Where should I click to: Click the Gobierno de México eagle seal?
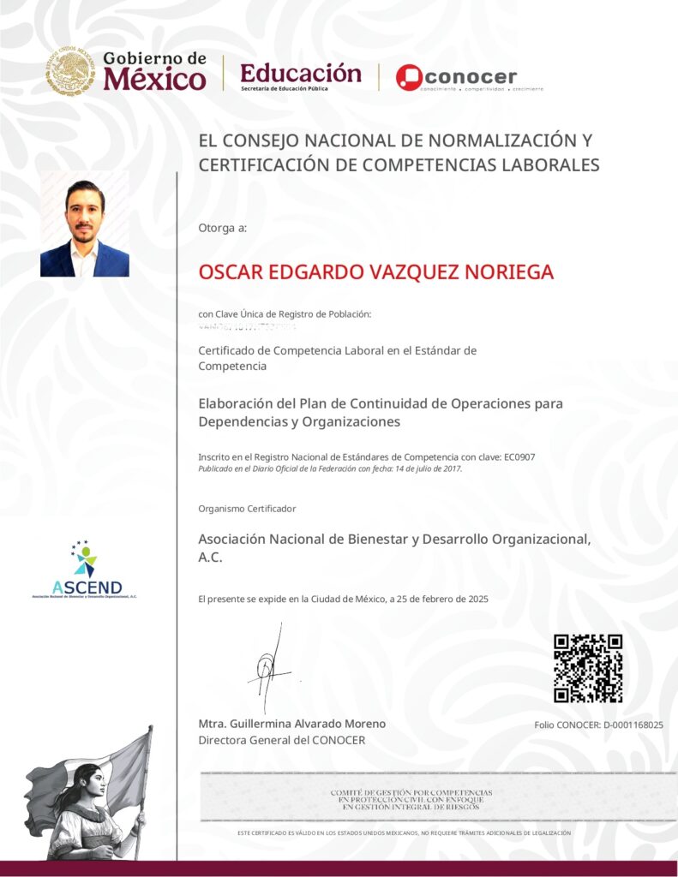point(70,71)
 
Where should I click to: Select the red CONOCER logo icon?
point(410,77)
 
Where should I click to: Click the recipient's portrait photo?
point(85,224)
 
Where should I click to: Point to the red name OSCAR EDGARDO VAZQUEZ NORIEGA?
point(375,272)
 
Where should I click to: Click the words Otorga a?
point(222,228)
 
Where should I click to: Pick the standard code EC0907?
point(519,456)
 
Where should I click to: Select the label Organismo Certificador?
point(247,509)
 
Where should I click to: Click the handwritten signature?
point(271,665)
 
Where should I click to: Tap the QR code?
point(588,668)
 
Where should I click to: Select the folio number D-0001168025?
point(633,725)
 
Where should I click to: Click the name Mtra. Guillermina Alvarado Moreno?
point(291,724)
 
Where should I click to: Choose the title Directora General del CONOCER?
point(281,740)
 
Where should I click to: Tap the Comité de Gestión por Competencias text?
point(411,800)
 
